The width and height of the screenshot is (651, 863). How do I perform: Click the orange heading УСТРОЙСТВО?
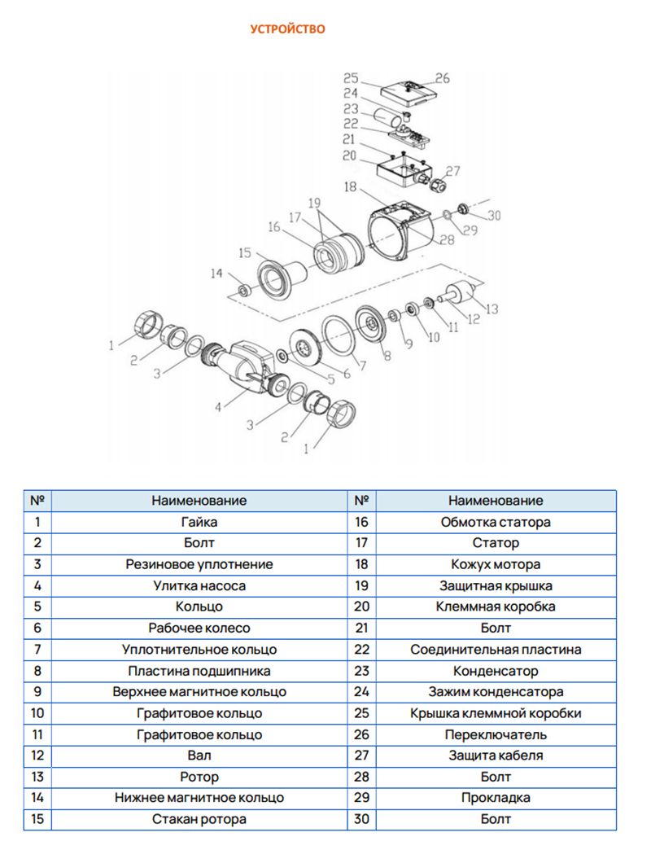tap(287, 29)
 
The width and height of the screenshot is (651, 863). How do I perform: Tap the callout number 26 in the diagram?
tap(442, 78)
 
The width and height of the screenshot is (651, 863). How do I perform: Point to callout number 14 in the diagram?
tap(215, 274)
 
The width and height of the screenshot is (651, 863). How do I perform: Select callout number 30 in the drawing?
tap(495, 216)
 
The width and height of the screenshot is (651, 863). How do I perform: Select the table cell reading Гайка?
tap(199, 522)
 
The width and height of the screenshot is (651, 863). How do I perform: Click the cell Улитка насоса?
tap(199, 585)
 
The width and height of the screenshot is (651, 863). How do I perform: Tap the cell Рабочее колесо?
tap(199, 628)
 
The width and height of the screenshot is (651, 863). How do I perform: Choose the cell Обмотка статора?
tap(495, 522)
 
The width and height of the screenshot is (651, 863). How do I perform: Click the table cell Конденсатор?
tap(495, 671)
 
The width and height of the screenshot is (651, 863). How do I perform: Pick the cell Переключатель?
tap(495, 734)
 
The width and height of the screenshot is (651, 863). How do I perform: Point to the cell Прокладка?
tap(495, 798)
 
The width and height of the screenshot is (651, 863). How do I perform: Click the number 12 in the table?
tap(37, 756)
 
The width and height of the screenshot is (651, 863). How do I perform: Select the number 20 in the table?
tap(362, 607)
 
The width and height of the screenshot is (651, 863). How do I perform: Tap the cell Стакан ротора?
tap(199, 819)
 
